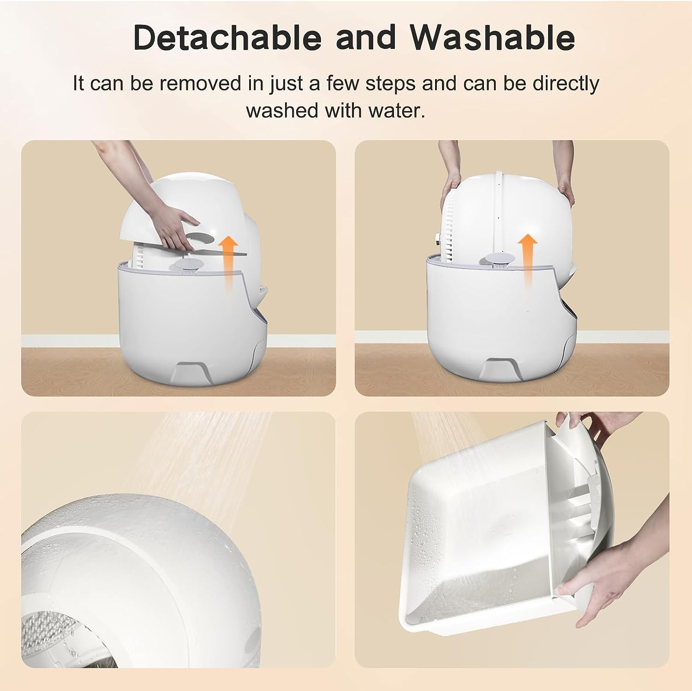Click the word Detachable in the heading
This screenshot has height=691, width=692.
click(226, 38)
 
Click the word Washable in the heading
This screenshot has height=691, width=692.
click(493, 38)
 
